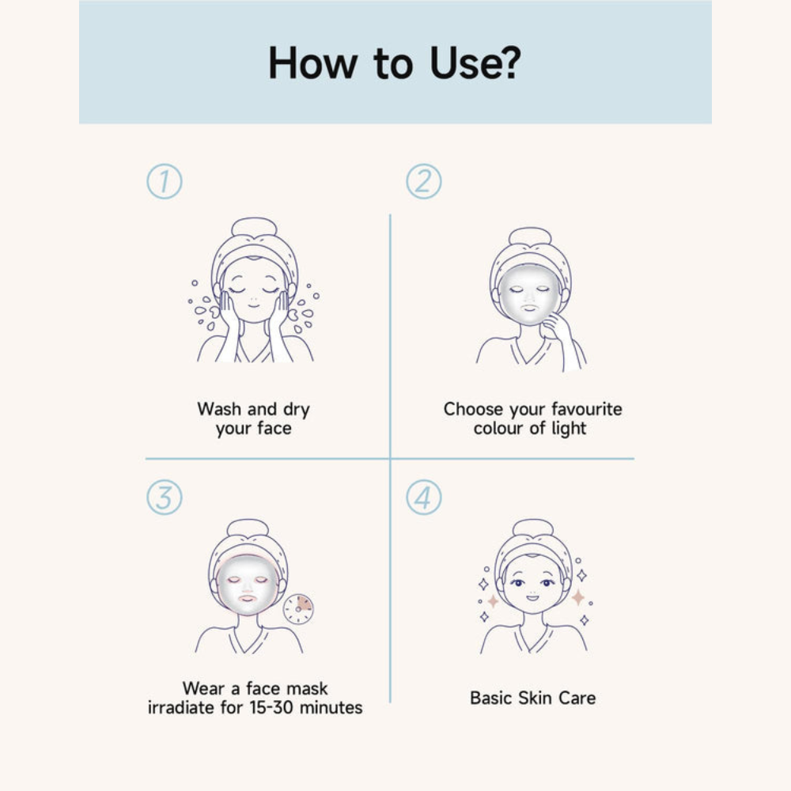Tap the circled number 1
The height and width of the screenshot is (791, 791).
(x=164, y=182)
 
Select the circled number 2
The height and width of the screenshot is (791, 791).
(x=424, y=182)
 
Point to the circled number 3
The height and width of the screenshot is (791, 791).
(x=164, y=498)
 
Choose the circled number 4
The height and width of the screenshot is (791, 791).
(x=424, y=498)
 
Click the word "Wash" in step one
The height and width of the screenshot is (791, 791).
(x=220, y=410)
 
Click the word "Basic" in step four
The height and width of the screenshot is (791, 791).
(x=492, y=698)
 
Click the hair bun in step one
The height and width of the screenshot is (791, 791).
(x=254, y=228)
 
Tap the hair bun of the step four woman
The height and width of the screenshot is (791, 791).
(x=532, y=528)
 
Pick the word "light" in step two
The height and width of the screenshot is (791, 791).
(x=570, y=429)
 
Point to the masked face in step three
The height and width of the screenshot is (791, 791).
(x=248, y=585)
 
